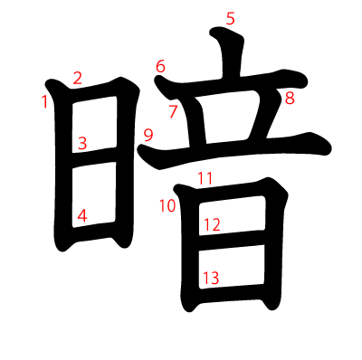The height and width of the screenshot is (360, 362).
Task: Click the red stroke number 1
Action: (45, 101)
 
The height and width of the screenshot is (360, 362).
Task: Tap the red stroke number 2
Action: (78, 78)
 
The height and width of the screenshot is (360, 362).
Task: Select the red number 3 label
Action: (82, 143)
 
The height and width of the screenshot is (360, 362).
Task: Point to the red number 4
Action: (82, 215)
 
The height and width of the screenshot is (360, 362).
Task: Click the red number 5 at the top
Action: (230, 18)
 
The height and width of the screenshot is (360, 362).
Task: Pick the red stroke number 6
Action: (160, 66)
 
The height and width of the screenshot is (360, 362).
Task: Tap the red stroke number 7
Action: (173, 111)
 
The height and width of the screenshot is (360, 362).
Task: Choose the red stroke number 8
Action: (290, 99)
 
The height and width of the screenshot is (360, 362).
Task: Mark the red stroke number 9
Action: (148, 135)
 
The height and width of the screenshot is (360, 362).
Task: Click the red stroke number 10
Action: (167, 206)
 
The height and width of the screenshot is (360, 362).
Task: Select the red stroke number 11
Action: (205, 178)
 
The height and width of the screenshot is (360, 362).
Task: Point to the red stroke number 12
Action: (212, 224)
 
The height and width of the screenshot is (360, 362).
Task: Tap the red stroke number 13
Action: (211, 278)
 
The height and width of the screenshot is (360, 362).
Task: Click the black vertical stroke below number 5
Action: (231, 54)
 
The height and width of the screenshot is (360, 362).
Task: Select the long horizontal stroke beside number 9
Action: (235, 147)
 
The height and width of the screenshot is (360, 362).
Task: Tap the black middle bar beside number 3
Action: (94, 156)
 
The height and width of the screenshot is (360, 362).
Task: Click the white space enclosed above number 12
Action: (232, 214)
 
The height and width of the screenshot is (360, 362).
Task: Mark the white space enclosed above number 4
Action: (94, 194)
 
